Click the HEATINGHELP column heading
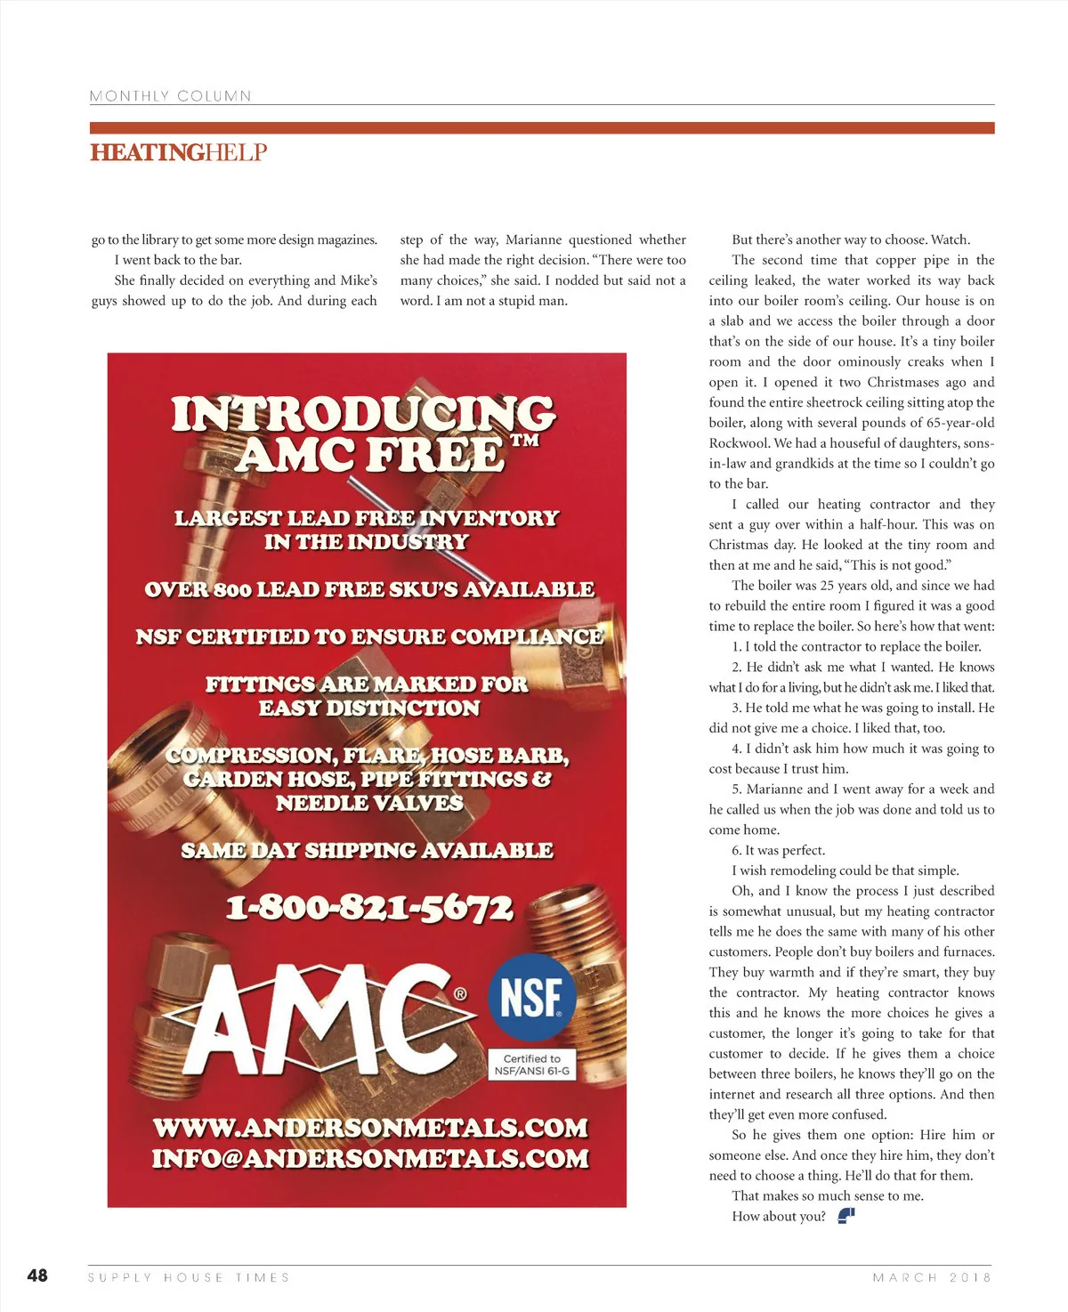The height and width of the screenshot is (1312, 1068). click(x=178, y=152)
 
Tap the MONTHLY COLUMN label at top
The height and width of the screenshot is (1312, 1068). click(x=170, y=96)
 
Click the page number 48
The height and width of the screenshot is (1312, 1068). click(x=37, y=1276)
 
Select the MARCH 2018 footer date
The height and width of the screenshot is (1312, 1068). click(x=932, y=1277)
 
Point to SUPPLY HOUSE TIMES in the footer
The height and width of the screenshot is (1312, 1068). click(x=189, y=1277)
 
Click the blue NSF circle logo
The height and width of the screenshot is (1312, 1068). click(x=531, y=997)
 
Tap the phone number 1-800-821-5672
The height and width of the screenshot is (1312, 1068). click(x=369, y=908)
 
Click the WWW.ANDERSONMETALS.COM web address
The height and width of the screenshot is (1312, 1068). click(x=370, y=1128)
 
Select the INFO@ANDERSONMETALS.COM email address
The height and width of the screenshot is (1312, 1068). click(x=370, y=1158)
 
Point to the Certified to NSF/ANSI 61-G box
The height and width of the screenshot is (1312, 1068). click(x=531, y=1065)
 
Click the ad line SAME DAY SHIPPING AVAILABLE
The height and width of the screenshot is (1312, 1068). click(x=367, y=851)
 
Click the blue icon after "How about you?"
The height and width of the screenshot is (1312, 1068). click(x=846, y=1216)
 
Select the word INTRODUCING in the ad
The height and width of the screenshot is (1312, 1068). click(x=363, y=414)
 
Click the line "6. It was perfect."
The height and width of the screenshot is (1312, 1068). click(x=778, y=850)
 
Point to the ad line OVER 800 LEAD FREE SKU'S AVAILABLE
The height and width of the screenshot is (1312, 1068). click(x=369, y=589)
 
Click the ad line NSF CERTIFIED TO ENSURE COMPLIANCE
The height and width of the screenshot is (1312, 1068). click(x=369, y=637)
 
